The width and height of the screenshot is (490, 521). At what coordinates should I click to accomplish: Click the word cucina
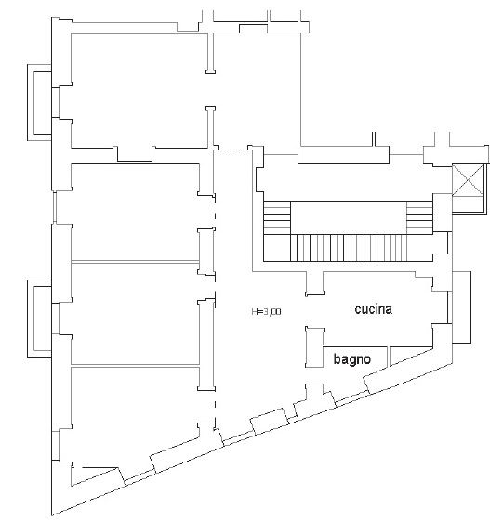click(373, 309)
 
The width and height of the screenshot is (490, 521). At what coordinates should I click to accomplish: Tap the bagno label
click(352, 359)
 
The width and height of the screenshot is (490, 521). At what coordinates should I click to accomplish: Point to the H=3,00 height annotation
click(266, 311)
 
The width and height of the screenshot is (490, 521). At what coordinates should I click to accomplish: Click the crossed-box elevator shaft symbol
click(468, 180)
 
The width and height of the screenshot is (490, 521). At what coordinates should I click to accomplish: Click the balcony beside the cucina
click(462, 307)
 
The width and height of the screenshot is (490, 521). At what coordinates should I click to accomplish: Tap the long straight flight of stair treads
click(349, 248)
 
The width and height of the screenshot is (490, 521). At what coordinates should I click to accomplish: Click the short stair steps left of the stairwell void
click(277, 217)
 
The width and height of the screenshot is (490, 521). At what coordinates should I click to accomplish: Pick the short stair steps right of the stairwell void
click(419, 217)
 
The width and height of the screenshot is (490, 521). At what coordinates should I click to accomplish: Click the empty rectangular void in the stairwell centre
click(349, 217)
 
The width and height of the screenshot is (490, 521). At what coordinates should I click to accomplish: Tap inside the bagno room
click(355, 358)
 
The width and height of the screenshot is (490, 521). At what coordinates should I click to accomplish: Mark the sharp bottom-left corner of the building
click(52, 515)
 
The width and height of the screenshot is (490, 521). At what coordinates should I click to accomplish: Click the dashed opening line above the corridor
click(232, 150)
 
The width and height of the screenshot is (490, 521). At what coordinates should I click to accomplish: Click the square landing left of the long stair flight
click(277, 248)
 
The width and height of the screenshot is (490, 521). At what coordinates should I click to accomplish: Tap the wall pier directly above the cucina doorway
click(314, 283)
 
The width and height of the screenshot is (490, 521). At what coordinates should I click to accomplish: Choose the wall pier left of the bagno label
click(314, 347)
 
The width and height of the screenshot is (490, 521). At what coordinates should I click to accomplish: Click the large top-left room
click(139, 90)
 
